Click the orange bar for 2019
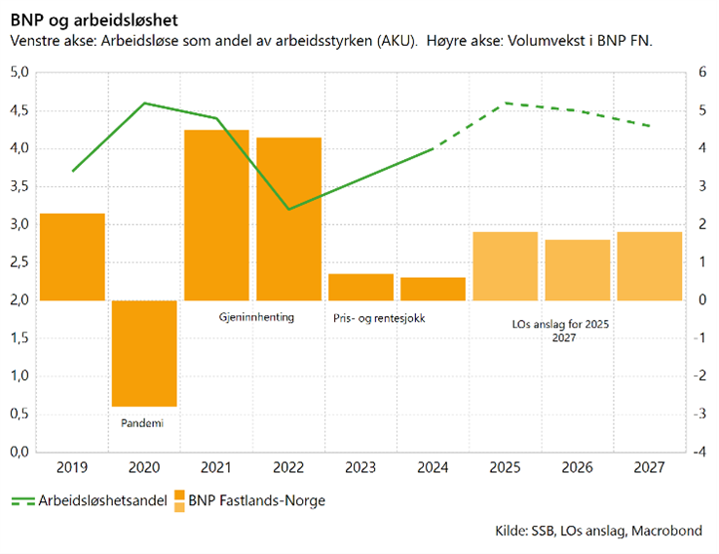coord(72,257)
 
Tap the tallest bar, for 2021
coord(216,215)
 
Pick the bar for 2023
coord(360,287)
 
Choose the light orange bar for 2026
coord(577,270)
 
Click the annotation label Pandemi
coord(143,424)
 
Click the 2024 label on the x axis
coord(433,467)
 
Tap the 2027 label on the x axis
coord(649,467)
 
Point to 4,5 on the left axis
coord(19,110)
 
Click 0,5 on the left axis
coord(19,415)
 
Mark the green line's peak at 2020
coord(144,102)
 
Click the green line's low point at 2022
coord(288,209)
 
